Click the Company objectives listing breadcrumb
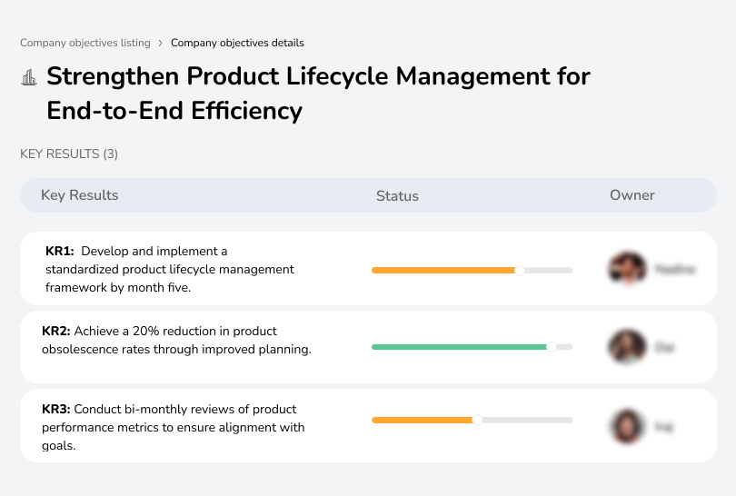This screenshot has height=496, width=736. click(x=85, y=43)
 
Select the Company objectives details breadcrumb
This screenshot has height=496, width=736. click(x=237, y=43)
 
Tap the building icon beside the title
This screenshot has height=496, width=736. click(x=29, y=77)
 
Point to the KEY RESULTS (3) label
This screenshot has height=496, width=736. click(x=69, y=154)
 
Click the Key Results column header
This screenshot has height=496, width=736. click(x=79, y=195)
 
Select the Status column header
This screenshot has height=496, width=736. click(x=397, y=195)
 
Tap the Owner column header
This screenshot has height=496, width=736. click(x=632, y=195)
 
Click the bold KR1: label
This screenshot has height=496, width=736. click(x=59, y=251)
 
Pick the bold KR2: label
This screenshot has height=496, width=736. click(x=56, y=331)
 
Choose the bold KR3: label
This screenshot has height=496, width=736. click(x=56, y=410)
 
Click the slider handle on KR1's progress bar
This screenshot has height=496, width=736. click(x=520, y=270)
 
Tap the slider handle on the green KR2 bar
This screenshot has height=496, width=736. click(x=551, y=347)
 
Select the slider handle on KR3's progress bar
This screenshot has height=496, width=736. click(x=477, y=420)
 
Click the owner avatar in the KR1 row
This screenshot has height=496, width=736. click(x=626, y=269)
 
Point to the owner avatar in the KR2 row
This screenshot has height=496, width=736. click(x=626, y=347)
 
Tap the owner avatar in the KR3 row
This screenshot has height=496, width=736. click(x=626, y=425)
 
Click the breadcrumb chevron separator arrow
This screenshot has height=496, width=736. click(x=161, y=43)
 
